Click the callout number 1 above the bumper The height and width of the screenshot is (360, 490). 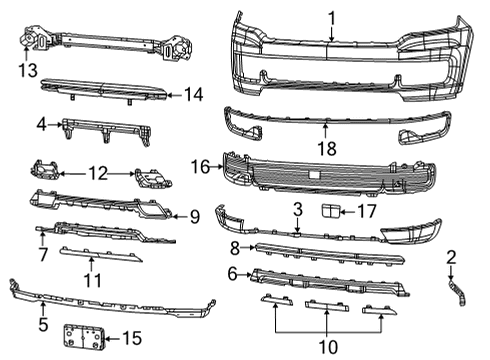coord(332,17)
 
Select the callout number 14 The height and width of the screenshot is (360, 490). coord(193,94)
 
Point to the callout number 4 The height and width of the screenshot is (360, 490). coord(41,125)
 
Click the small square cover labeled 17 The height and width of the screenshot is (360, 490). coord(330,209)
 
